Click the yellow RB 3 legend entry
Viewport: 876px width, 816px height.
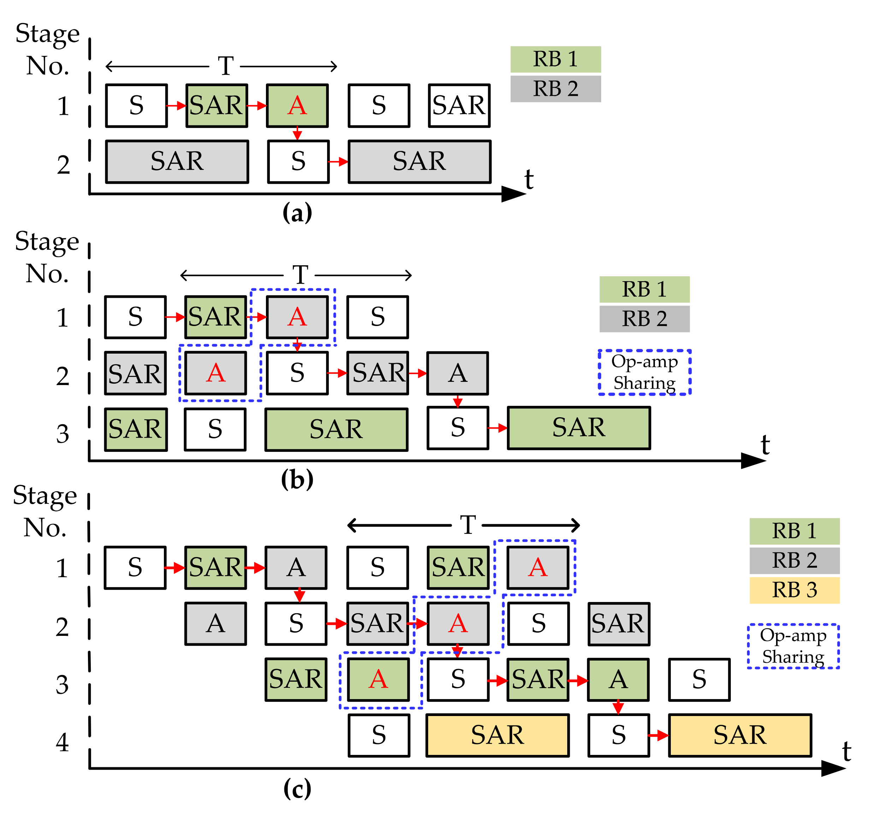(794, 590)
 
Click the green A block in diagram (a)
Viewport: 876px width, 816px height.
(297, 106)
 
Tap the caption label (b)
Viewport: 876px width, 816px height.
(297, 479)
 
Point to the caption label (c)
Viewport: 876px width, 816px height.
(297, 789)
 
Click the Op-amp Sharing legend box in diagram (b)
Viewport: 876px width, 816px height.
(644, 372)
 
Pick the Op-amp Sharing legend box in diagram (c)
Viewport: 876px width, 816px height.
(793, 646)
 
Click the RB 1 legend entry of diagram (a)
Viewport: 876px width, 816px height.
(555, 59)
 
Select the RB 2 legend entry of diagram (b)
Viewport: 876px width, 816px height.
(644, 319)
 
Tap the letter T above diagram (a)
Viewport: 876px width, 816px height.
(226, 66)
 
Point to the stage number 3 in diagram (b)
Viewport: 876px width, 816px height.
(63, 433)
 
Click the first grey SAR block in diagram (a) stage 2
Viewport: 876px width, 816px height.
(177, 161)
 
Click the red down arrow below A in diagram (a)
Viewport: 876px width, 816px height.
(297, 133)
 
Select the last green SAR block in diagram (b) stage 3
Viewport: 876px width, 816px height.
(579, 428)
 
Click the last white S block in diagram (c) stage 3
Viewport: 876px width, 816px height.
(699, 679)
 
